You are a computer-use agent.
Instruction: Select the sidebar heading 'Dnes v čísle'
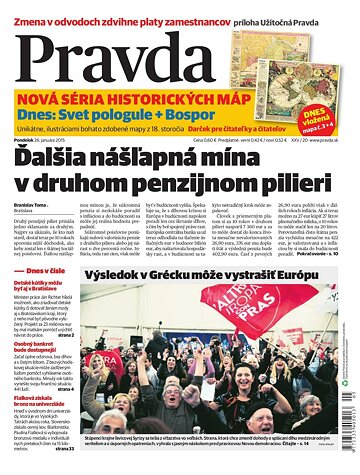[46, 271]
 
